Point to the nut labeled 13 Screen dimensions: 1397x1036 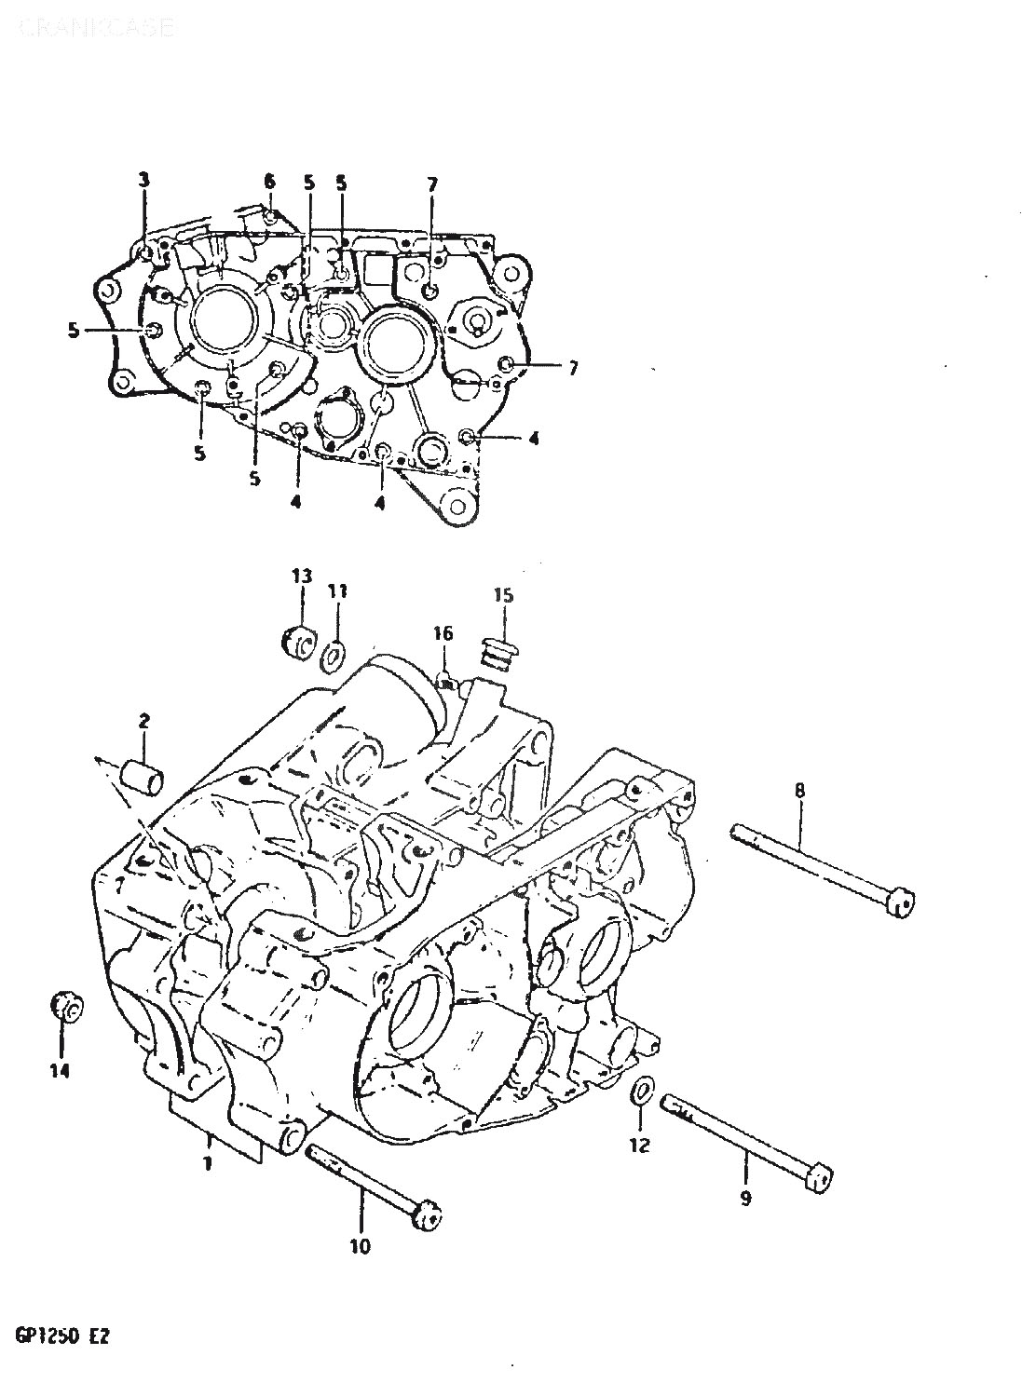pyautogui.click(x=300, y=642)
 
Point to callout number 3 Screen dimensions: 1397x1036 pyautogui.click(x=143, y=181)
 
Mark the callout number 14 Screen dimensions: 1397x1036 pyautogui.click(x=60, y=1073)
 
